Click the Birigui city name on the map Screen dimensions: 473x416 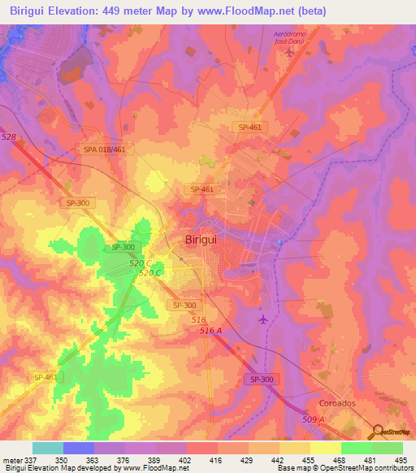pos(196,240)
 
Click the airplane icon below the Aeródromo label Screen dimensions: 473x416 pos(289,53)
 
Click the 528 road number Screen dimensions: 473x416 pos(8,138)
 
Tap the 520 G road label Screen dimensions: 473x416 pos(139,264)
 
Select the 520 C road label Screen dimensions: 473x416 pos(152,273)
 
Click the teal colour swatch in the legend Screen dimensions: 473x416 pos(48,448)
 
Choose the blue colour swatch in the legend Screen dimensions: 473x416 pos(79,448)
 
